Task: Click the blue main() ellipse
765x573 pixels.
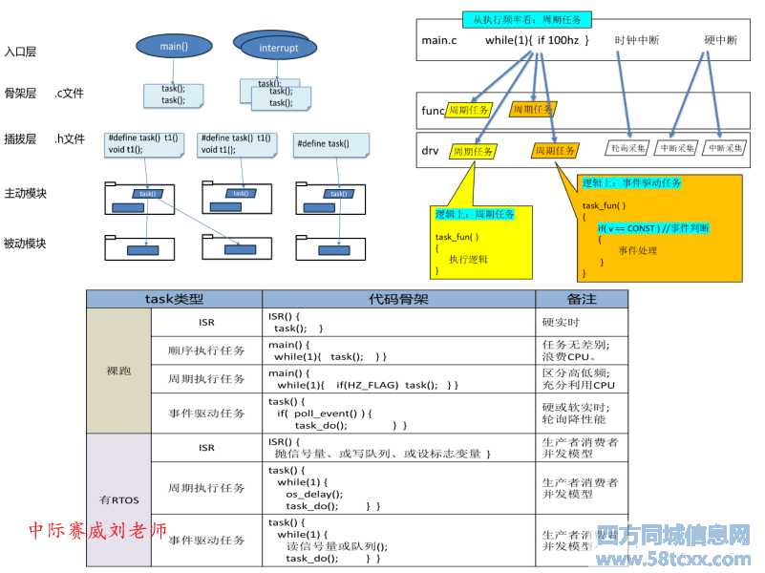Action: click(x=173, y=45)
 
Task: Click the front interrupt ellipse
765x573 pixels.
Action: click(x=279, y=49)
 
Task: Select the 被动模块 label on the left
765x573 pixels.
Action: click(x=26, y=244)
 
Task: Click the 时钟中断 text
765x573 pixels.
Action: click(x=636, y=40)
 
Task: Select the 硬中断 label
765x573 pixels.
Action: click(x=721, y=40)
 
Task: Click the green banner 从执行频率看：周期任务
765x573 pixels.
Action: click(x=527, y=19)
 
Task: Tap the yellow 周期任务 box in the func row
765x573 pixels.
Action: click(x=469, y=111)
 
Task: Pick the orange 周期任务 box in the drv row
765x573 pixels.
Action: click(x=555, y=151)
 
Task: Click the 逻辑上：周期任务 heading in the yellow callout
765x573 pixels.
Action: click(x=475, y=214)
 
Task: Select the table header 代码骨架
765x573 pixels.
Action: click(x=398, y=299)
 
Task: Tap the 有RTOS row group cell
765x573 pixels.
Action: click(x=118, y=499)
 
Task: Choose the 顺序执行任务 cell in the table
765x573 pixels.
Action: click(x=206, y=350)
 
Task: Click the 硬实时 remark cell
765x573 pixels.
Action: click(x=561, y=323)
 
